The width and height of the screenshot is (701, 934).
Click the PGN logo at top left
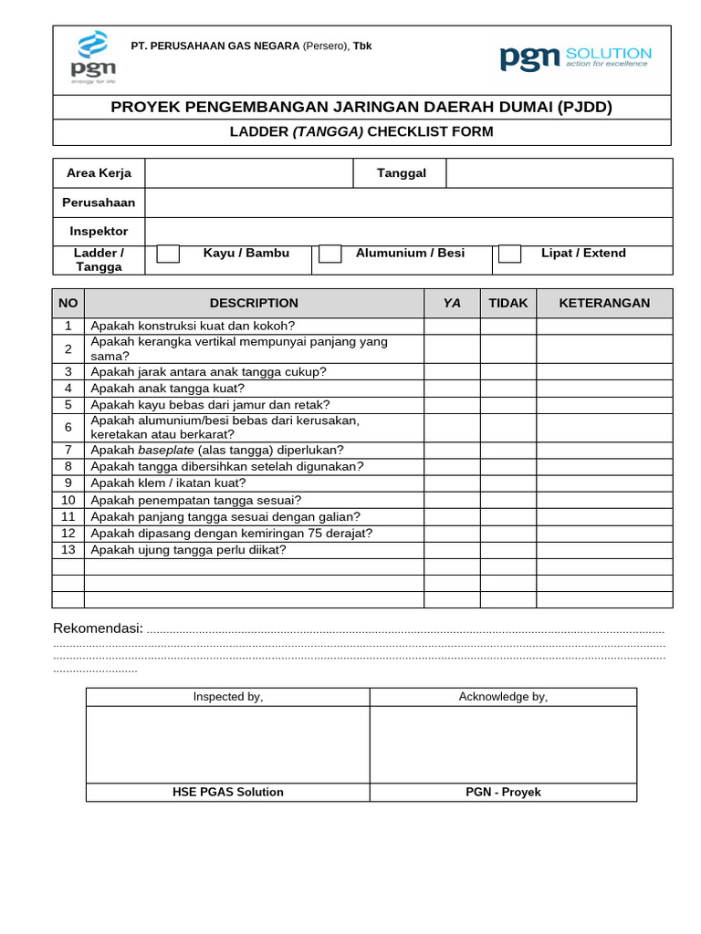click(x=89, y=57)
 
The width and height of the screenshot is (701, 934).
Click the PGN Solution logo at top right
click(x=575, y=57)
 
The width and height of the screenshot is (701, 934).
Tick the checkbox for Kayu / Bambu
click(x=168, y=254)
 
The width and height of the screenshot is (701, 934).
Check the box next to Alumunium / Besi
click(x=330, y=254)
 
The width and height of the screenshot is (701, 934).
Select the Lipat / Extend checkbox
click(x=509, y=254)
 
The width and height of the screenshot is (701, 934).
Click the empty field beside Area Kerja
click(x=248, y=173)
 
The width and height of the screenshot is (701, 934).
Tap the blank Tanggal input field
click(x=559, y=173)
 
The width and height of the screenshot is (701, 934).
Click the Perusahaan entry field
click(x=408, y=202)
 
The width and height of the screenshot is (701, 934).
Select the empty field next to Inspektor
click(x=408, y=232)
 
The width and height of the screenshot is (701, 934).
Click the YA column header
click(x=452, y=304)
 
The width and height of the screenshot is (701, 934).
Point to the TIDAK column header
click(x=508, y=304)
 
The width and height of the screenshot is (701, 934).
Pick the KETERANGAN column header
click(x=604, y=304)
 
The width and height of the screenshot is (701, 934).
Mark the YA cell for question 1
click(x=452, y=327)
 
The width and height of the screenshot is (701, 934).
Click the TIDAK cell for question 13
click(x=508, y=550)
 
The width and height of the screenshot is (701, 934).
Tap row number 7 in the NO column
click(x=68, y=451)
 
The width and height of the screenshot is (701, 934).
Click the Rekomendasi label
click(x=98, y=628)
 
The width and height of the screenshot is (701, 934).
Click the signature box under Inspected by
click(x=227, y=744)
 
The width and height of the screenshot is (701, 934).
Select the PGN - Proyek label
click(x=503, y=792)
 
